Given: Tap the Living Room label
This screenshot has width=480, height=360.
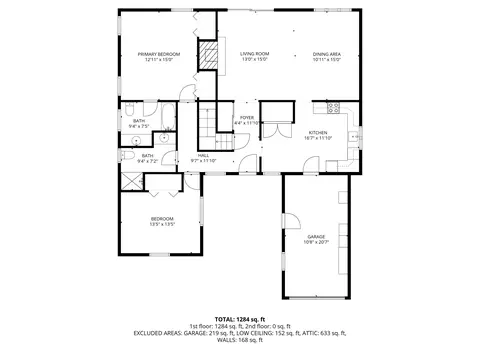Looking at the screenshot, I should point(255,54).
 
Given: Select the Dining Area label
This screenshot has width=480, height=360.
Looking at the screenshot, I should point(327,54).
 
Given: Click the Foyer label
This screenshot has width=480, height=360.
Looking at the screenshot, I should point(246,118).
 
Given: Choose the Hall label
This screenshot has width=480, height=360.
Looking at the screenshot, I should point(203,155).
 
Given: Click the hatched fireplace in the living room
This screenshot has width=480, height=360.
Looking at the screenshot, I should point(210,56).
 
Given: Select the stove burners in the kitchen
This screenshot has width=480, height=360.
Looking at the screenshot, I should point(334,105).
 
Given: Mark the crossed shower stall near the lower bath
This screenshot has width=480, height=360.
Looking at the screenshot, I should point(132,182).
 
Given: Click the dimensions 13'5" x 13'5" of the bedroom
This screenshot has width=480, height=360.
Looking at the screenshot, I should point(162,224).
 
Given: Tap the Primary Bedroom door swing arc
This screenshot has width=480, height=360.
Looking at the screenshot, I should point(188,95).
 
